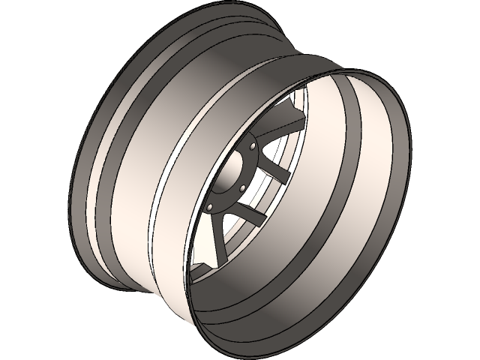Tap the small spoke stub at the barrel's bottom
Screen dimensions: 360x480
(201, 268)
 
